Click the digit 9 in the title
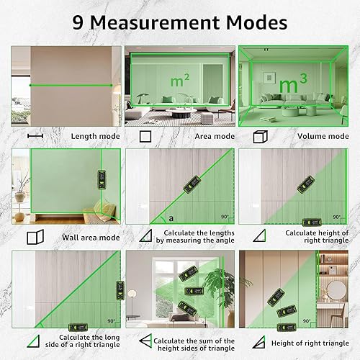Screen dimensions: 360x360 [x=78, y=23]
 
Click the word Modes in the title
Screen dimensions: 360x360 [x=256, y=22]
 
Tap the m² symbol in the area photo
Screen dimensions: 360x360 [x=180, y=81]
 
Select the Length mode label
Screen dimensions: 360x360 [x=95, y=136]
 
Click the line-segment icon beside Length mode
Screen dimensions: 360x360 [x=35, y=136]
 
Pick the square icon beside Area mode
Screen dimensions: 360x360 [x=145, y=136]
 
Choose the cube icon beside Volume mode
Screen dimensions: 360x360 [x=260, y=137]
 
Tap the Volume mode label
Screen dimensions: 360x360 [x=323, y=136]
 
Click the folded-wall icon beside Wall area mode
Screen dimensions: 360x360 [x=35, y=237]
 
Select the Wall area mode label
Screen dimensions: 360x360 [x=91, y=238]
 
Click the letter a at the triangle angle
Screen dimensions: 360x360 [x=171, y=218]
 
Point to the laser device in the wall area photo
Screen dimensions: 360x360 [x=102, y=180]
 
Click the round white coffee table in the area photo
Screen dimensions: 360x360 [x=181, y=112]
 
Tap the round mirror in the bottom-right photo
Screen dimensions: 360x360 [x=336, y=290]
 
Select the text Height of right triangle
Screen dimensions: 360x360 [x=310, y=343]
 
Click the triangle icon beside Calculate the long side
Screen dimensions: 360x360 [x=33, y=341]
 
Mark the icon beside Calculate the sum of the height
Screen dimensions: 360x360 [x=145, y=341]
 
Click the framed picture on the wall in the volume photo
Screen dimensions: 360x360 [x=268, y=78]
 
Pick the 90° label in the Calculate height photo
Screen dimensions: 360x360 [x=336, y=217]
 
